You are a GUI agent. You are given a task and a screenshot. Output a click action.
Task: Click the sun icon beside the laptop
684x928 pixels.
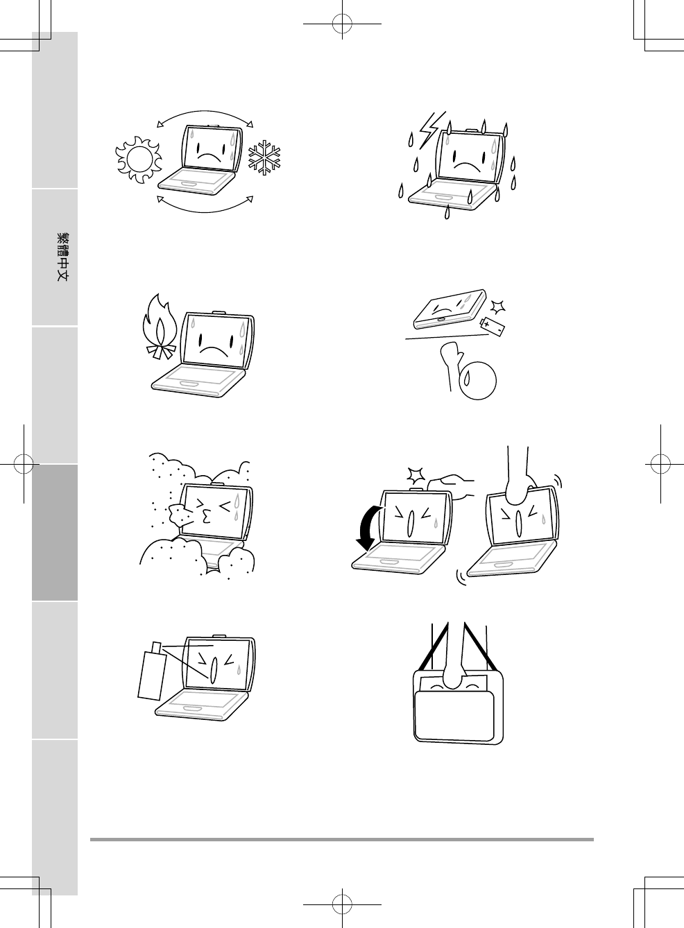tap(139, 160)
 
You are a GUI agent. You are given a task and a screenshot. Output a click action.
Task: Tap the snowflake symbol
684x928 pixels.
tap(264, 157)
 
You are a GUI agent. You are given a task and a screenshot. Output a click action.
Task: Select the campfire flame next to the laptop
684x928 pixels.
tap(159, 327)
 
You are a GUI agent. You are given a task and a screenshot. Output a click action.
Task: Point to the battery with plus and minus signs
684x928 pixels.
tap(492, 325)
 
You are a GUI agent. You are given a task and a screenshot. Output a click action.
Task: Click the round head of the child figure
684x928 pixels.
tap(478, 381)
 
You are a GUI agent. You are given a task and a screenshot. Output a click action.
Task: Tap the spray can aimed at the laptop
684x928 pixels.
tap(152, 676)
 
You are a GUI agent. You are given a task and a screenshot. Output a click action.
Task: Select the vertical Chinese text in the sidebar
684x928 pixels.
tap(62, 257)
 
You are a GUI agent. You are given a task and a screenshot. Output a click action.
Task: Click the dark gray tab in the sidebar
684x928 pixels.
tap(55, 533)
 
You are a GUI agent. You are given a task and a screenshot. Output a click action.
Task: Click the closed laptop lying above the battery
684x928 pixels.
tap(450, 309)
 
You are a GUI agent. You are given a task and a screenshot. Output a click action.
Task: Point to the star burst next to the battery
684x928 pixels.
tap(497, 307)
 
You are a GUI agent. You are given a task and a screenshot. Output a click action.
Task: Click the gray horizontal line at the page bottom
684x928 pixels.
tap(342, 840)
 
